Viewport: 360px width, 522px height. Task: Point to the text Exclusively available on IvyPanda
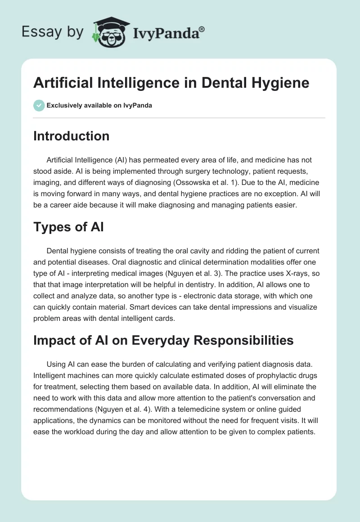pos(99,106)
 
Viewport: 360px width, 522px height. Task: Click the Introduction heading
pos(71,136)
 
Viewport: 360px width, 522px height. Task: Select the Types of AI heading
pos(68,227)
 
